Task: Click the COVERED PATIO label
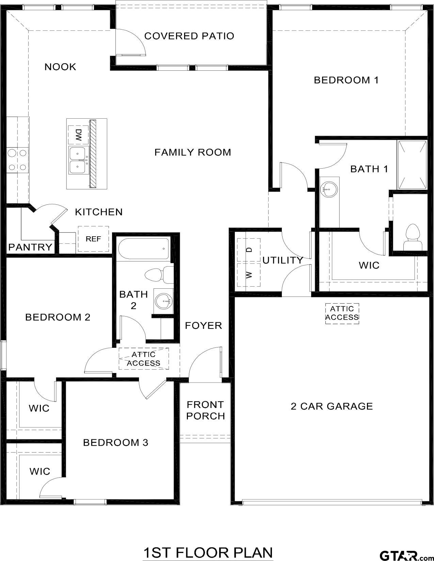[x=189, y=36]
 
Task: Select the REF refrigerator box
[x=93, y=239]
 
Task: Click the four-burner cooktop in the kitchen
[x=17, y=160]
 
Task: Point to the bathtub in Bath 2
[x=144, y=249]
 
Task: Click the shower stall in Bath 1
[x=412, y=165]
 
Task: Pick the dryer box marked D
[x=249, y=250]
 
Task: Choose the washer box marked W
[x=249, y=274]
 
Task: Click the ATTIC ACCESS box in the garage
[x=342, y=313]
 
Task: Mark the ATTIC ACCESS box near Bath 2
[x=144, y=359]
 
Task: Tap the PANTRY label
[x=30, y=247]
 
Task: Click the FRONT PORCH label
[x=206, y=410]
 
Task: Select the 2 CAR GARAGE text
[x=332, y=406]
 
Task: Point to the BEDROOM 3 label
[x=116, y=442]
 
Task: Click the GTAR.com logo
[x=405, y=555]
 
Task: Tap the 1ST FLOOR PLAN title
[x=208, y=552]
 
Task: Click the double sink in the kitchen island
[x=79, y=160]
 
